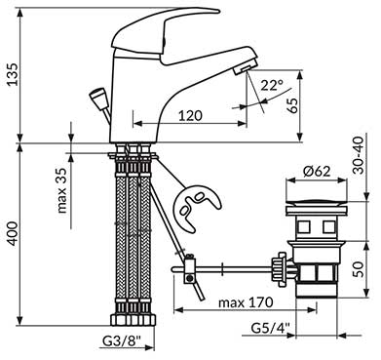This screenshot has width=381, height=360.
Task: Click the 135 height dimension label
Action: (x=13, y=74)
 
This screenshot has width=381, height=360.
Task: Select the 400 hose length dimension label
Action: (x=13, y=233)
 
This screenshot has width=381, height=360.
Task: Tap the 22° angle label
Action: (x=272, y=85)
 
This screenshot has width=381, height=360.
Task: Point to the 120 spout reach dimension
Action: (x=190, y=115)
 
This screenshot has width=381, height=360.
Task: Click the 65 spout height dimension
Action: (x=292, y=105)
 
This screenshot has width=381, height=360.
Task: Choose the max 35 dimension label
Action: (x=61, y=190)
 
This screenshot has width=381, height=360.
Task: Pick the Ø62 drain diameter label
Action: (x=317, y=171)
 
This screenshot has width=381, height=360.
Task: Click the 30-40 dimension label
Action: (x=360, y=155)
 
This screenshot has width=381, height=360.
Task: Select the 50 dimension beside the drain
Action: (x=359, y=269)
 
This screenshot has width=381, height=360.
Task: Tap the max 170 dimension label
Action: (x=246, y=302)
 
